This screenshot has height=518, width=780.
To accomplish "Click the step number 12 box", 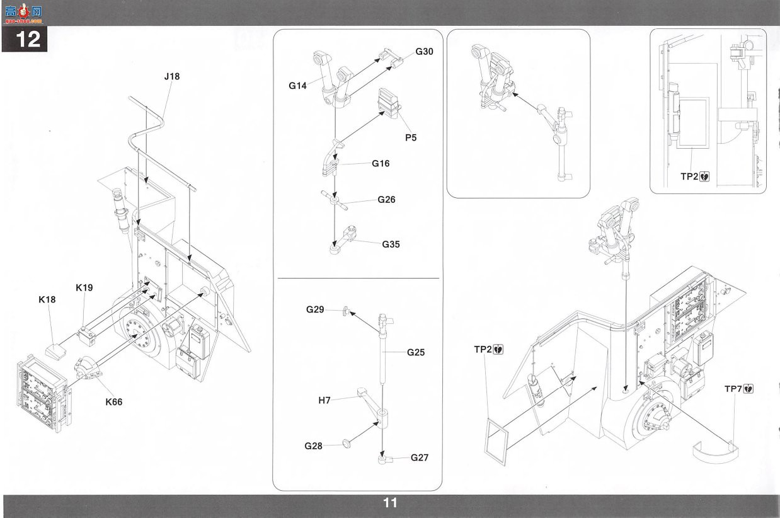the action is point(25,38).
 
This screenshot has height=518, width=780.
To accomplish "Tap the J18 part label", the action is point(172,76).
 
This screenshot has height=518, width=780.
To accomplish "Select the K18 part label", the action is point(47,299).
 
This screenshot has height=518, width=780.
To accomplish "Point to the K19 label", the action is point(84,287).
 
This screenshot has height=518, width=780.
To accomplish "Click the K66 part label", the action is point(114,401).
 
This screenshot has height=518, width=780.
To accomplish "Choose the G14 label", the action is point(298,85).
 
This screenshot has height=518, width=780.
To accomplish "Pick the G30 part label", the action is point(424,52).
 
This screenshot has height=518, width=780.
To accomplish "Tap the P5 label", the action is point(411,137).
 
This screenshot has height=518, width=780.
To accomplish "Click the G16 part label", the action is point(381,163).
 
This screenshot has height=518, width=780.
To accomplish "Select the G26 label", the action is point(386,199).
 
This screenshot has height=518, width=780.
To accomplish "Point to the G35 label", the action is point(391,245).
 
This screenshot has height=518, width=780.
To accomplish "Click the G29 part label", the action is point(315,309).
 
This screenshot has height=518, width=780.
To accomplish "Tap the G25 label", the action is point(416,352).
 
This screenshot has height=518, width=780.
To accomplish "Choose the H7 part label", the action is point(324,400).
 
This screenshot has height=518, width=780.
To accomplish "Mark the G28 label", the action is point(313,446).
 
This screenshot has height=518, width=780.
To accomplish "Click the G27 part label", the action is point(420,458).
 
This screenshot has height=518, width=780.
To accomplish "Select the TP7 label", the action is point(733,389).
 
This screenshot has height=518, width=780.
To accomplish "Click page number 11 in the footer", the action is point(390,503).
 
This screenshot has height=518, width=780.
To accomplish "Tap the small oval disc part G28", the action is point(347,444).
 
